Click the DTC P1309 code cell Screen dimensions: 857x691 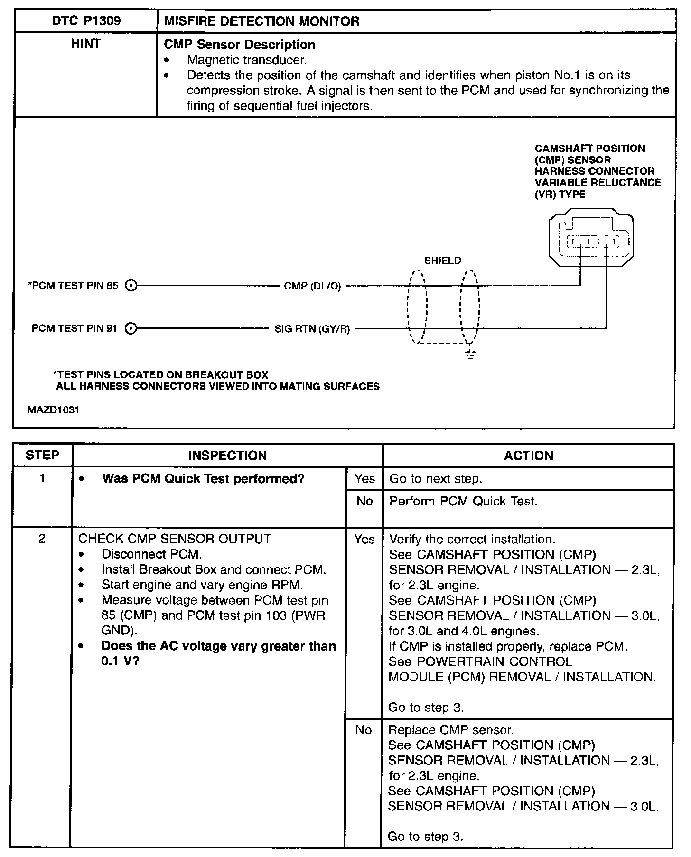tap(86, 21)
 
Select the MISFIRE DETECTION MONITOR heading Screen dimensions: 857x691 tap(261, 21)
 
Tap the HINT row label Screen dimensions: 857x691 tap(86, 44)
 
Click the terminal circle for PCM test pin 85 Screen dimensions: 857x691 tap(131, 286)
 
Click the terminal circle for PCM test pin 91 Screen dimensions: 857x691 tap(131, 328)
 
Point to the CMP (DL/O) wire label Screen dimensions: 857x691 tap(312, 286)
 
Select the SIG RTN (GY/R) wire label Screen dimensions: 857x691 tap(312, 328)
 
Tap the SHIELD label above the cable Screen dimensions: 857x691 tap(442, 261)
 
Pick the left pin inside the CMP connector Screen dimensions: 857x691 tap(580, 242)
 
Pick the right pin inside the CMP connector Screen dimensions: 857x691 tap(606, 242)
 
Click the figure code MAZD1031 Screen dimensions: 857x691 tap(53, 410)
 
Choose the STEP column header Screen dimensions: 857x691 tap(42, 455)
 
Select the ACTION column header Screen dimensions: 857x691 tap(528, 456)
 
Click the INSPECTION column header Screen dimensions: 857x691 tap(227, 456)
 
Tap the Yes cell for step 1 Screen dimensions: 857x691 tap(364, 479)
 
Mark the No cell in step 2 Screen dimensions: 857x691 tap(363, 730)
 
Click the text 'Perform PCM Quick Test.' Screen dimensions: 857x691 tap(463, 502)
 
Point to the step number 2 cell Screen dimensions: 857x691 tap(42, 539)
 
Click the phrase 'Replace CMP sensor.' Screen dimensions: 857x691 tap(451, 730)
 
